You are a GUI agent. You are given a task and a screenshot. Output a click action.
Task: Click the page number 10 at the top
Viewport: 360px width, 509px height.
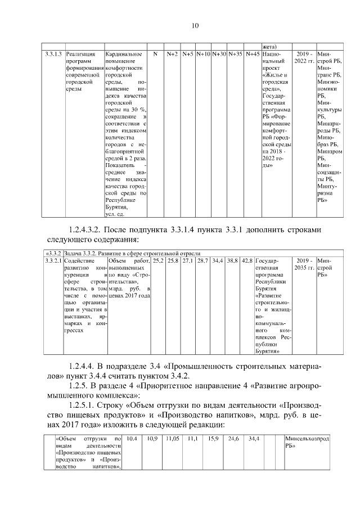tap(195, 26)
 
